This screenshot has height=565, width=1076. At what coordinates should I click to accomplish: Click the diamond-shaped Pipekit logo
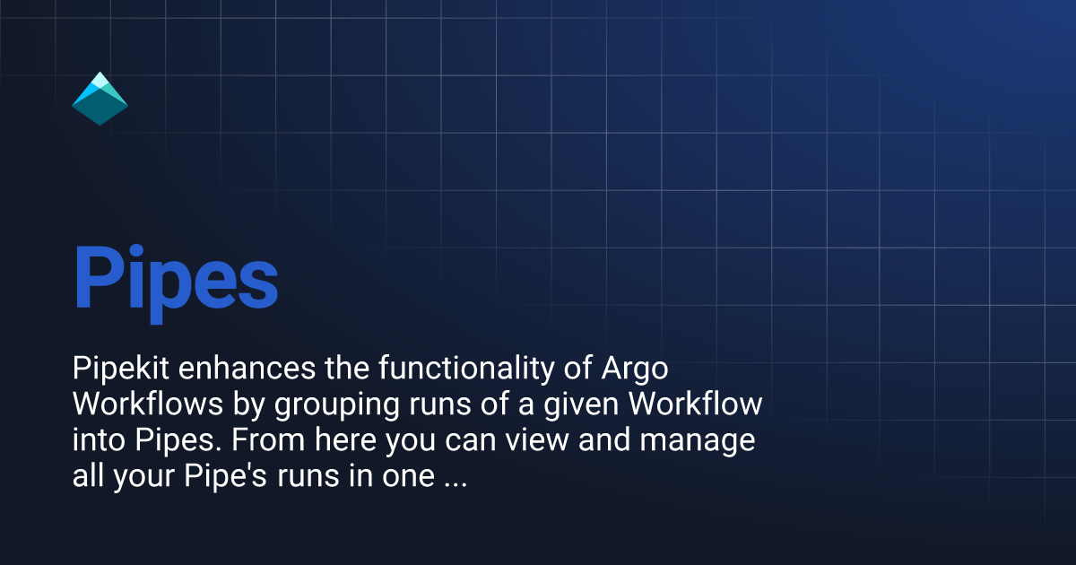click(x=100, y=99)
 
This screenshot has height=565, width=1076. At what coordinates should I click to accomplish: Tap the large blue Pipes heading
click(x=177, y=283)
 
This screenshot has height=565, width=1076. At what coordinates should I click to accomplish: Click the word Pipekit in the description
click(x=120, y=369)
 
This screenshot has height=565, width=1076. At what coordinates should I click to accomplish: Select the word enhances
click(x=247, y=369)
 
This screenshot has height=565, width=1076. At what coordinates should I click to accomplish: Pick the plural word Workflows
click(x=148, y=404)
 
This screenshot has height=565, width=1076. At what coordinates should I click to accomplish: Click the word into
click(x=99, y=440)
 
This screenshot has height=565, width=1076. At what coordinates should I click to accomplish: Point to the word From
click(x=268, y=440)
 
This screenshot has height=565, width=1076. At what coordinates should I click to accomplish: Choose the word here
click(x=345, y=440)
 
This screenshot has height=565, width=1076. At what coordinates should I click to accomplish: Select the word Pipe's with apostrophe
click(x=225, y=476)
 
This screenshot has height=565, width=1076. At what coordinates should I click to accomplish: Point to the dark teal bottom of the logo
click(x=100, y=109)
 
